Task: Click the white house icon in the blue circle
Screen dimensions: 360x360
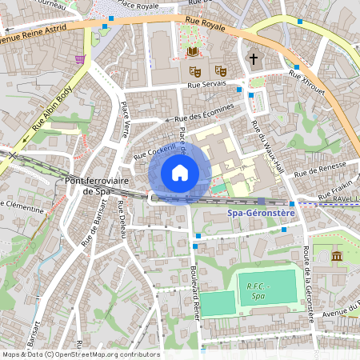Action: pyautogui.click(x=180, y=172)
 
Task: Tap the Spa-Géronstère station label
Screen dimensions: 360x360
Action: pyautogui.click(x=262, y=214)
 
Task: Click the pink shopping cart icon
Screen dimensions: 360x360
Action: pyautogui.click(x=79, y=59)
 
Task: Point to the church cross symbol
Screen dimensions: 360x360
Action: pyautogui.click(x=254, y=58)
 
